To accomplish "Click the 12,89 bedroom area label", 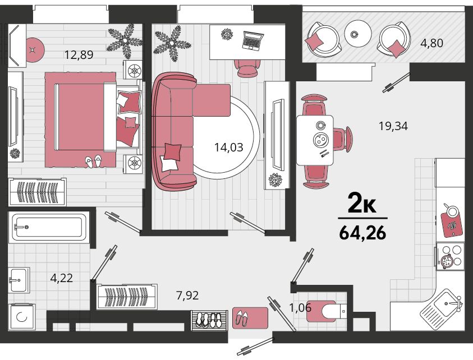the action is pyautogui.click(x=79, y=54).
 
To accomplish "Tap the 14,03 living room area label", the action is pyautogui.click(x=229, y=147).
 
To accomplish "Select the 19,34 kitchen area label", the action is pyautogui.click(x=393, y=126).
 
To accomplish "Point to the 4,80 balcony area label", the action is pyautogui.click(x=431, y=43).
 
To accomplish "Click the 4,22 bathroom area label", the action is pyautogui.click(x=62, y=278).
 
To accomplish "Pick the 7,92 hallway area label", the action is pyautogui.click(x=187, y=295).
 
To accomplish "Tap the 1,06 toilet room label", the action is pyautogui.click(x=300, y=307).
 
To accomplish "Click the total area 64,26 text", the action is pyautogui.click(x=362, y=233).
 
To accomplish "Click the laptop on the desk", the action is pyautogui.click(x=253, y=40).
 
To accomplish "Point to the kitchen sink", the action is pyautogui.click(x=442, y=306).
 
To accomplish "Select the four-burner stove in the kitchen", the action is pyautogui.click(x=450, y=257).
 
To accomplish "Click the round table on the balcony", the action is pyautogui.click(x=358, y=34).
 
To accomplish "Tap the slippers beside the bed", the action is pyautogui.click(x=93, y=161).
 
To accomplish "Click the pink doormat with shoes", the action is pyautogui.click(x=250, y=318).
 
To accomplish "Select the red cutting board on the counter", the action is pyautogui.click(x=451, y=221).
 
